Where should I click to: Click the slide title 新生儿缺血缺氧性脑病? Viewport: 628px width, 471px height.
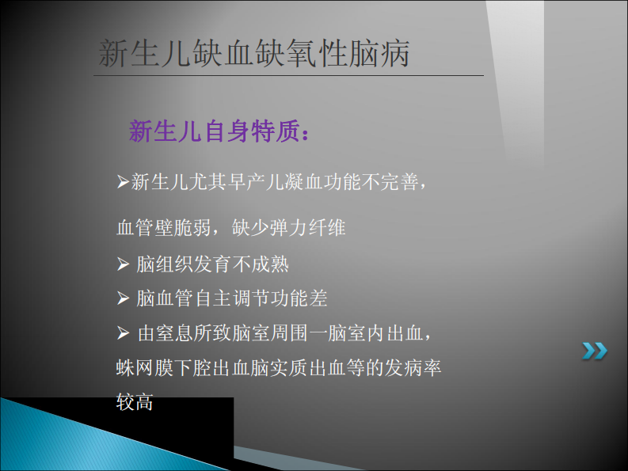click(253, 53)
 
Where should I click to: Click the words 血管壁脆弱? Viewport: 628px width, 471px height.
click(163, 228)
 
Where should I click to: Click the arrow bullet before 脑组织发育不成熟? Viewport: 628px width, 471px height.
click(123, 264)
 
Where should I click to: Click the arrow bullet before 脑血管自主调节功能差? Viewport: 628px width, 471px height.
click(123, 298)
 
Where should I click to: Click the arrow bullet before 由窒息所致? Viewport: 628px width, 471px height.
click(123, 333)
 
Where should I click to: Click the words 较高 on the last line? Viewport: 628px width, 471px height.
click(135, 402)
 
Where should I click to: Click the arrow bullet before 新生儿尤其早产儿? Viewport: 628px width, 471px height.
click(123, 183)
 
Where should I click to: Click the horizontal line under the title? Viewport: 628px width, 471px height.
click(288, 75)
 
